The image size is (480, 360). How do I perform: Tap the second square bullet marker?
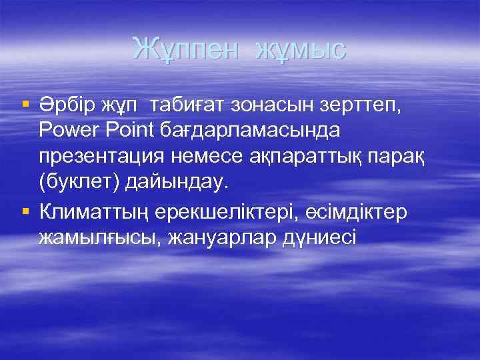tap(25, 211)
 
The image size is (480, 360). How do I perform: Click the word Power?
tap(69, 131)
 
